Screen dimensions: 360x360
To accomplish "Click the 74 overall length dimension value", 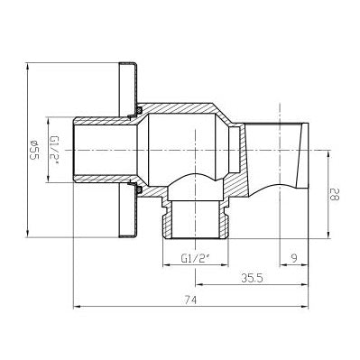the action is click(190, 300).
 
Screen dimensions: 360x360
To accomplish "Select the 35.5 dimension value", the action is click(252, 278).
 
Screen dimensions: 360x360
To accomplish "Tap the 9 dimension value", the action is click(294, 258).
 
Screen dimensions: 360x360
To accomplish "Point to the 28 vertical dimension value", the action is click(335, 194).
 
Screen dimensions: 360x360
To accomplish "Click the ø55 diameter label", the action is click(35, 150).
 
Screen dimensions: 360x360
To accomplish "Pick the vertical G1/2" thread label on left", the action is click(54, 150).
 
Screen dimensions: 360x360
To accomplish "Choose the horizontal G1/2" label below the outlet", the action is click(195, 258).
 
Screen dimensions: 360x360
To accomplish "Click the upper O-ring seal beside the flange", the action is click(139, 110).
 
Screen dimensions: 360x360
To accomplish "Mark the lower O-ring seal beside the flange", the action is click(139, 189).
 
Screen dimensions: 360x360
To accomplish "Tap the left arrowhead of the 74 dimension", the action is click(77, 307).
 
